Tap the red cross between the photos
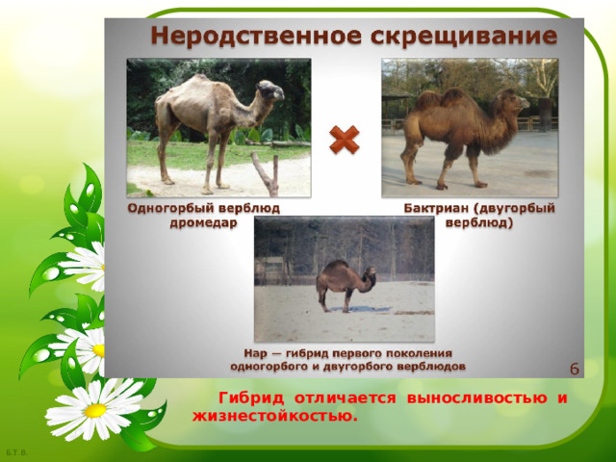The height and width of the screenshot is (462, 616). coord(344,141)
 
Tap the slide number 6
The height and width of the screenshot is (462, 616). coord(574,369)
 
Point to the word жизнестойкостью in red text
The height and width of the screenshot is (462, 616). coord(275,416)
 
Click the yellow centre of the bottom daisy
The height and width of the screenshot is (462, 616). coord(93,410)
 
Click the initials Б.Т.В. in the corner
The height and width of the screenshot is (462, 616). coord(15,452)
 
